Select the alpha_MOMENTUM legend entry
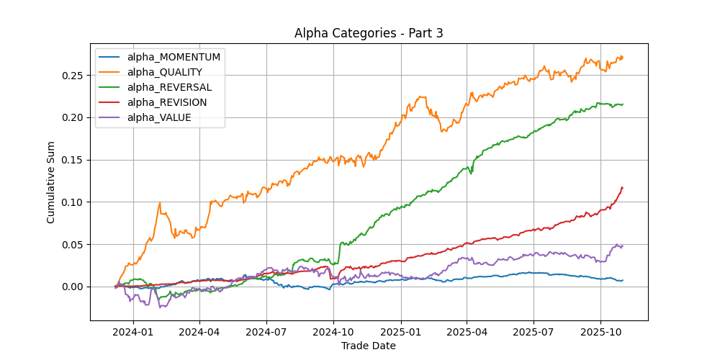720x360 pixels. point(174,56)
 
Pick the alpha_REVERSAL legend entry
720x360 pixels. point(169,87)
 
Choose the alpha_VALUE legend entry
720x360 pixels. point(159,117)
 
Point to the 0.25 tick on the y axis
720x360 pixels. point(73,76)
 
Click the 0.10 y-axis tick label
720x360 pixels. point(73,202)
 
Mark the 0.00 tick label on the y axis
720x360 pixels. point(73,287)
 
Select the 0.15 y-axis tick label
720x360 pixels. point(73,160)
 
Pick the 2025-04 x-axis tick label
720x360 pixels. point(467,332)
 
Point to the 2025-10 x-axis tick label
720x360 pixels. point(600,332)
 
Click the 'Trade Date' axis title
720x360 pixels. point(368,346)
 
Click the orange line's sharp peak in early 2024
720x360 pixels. point(160,203)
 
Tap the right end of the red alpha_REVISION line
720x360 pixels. point(622,188)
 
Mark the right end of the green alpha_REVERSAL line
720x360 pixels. point(622,104)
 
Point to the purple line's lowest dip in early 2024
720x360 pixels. point(160,307)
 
